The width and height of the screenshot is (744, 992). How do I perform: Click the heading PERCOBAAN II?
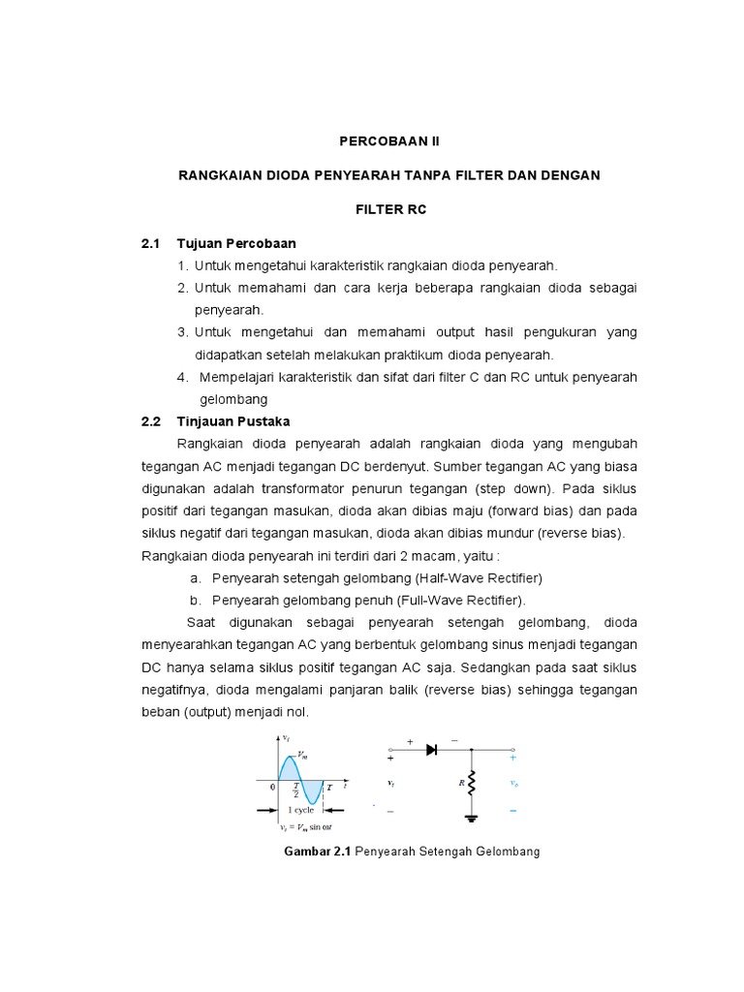coord(388,140)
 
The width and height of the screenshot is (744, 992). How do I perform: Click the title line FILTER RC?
coord(388,208)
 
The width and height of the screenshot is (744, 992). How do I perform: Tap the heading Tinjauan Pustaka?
coord(232,421)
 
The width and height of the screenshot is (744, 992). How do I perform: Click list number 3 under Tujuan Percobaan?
coord(182,332)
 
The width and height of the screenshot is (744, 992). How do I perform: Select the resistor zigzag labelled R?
coord(472,783)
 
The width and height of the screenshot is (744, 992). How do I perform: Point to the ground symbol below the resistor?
coord(472,817)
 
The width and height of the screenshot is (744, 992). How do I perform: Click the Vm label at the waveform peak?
coord(303,755)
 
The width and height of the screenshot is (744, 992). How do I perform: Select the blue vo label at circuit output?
coord(512,783)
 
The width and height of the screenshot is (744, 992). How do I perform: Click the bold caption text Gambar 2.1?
coord(318,852)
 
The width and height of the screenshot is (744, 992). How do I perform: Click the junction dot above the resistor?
coord(472,749)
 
